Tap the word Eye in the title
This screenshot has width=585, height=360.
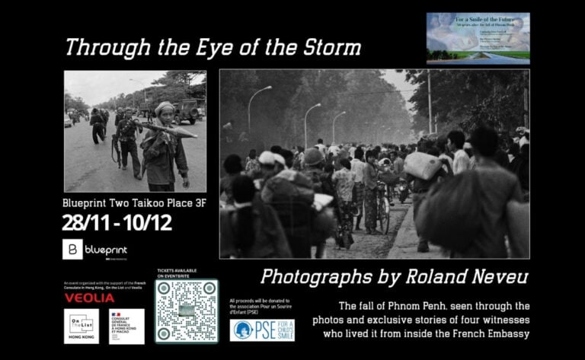[x=200, y=48]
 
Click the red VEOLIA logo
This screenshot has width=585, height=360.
[x=89, y=298]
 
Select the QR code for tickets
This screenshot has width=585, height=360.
[x=187, y=311]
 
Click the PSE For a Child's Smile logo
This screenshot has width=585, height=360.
[x=261, y=330]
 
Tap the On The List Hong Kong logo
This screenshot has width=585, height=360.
[x=81, y=325]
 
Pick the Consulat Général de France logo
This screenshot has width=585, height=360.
[x=126, y=325]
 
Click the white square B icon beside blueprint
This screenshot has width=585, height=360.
[x=72, y=250]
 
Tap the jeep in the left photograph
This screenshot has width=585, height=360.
[x=188, y=110]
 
